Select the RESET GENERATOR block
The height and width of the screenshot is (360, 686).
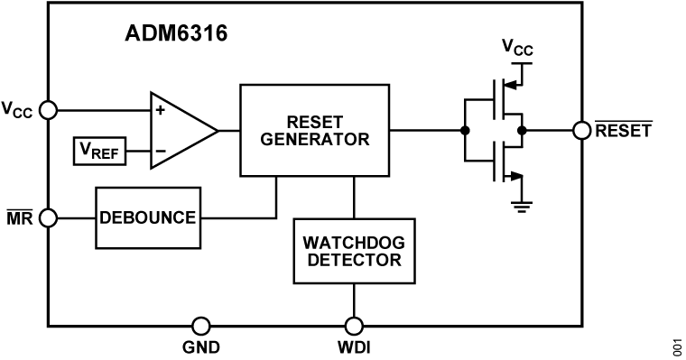(x=314, y=130)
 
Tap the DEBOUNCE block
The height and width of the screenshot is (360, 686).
(x=148, y=217)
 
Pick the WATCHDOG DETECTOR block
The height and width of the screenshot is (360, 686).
(x=353, y=250)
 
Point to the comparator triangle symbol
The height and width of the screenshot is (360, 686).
(x=181, y=130)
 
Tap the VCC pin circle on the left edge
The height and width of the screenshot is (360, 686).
(x=49, y=109)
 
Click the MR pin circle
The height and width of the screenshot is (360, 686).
(x=49, y=217)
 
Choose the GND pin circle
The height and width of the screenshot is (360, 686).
(x=201, y=326)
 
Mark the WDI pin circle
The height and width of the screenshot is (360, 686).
(x=353, y=326)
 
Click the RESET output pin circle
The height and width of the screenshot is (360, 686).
(x=582, y=130)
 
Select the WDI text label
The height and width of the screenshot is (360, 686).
(x=353, y=347)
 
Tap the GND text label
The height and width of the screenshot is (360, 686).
(x=201, y=347)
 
